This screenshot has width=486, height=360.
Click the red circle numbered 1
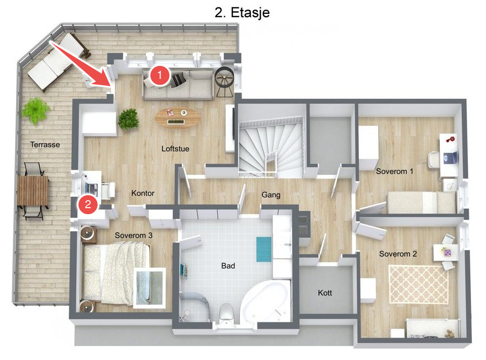160,75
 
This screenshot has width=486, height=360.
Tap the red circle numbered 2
88,204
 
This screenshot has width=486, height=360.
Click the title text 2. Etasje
242,12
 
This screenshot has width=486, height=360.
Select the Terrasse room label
45,144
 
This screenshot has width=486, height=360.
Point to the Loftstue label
175,149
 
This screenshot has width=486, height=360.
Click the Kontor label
143,193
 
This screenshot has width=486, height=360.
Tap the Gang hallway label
271,195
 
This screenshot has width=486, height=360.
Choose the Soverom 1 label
395,171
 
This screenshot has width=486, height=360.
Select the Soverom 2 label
398,254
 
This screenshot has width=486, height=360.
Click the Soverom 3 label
134,236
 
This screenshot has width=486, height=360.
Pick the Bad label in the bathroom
228,266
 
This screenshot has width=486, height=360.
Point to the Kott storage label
325,293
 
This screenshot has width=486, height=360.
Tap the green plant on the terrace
36,111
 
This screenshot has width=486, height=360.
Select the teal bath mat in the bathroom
264,249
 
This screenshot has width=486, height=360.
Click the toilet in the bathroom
226,313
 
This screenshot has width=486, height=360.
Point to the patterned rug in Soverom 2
418,285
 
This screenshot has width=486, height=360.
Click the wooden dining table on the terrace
33,190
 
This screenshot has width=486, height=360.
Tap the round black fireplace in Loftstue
225,82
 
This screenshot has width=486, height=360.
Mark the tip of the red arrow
111,87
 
